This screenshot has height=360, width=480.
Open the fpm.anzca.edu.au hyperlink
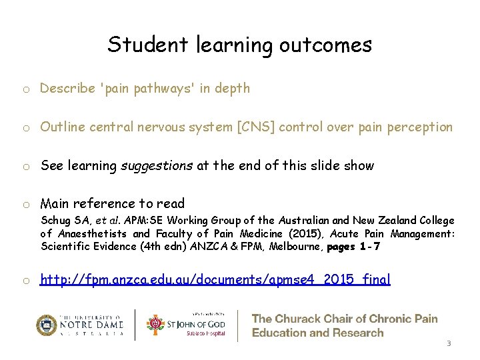pyautogui.click(x=215, y=279)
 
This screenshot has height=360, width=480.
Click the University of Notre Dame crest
pyautogui.click(x=47, y=325)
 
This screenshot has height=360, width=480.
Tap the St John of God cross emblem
pyautogui.click(x=155, y=325)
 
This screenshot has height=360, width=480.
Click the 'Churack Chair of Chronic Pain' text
pyautogui.click(x=345, y=319)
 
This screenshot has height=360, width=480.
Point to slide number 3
pyautogui.click(x=449, y=344)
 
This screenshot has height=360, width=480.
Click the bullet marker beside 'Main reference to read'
pyautogui.click(x=24, y=204)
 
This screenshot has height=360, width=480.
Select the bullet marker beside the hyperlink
pyautogui.click(x=24, y=279)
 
